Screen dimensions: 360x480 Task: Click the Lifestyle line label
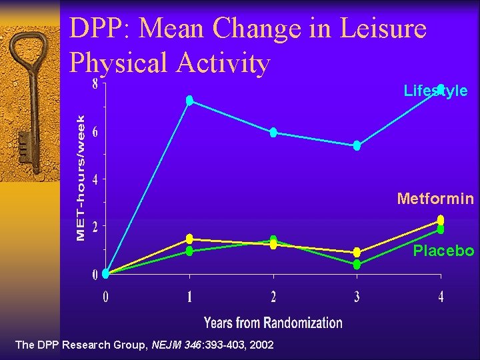[435, 91]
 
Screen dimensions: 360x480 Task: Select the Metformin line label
[435, 199]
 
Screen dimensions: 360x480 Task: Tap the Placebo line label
[443, 251]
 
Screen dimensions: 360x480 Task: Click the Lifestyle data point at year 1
[189, 100]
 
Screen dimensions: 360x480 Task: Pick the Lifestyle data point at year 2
[273, 132]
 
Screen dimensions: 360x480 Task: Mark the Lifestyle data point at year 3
[357, 145]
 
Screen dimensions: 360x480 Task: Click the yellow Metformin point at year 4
[441, 220]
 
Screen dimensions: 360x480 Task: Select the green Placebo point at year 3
[357, 265]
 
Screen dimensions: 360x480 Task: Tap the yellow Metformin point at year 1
[189, 239]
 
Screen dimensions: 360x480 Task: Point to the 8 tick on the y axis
[95, 85]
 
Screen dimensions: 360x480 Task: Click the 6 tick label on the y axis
[95, 132]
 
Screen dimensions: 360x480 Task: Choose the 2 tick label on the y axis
[95, 227]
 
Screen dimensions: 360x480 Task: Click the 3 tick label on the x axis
[357, 297]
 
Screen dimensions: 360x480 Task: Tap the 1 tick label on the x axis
[189, 297]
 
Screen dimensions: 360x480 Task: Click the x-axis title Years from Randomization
[273, 323]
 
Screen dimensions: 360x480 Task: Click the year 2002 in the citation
[261, 345]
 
